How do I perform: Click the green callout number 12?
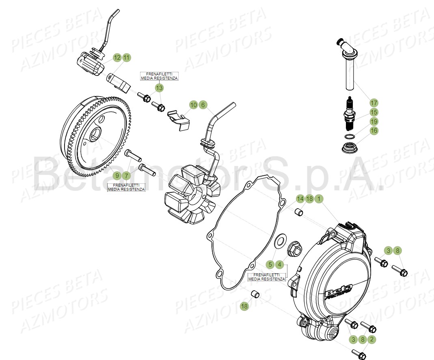coord(117,58)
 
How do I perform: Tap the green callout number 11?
coord(126,58)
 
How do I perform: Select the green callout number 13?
coord(159,88)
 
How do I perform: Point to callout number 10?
coord(194,105)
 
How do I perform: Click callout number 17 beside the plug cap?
coord(374,103)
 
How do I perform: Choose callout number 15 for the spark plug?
coord(374,112)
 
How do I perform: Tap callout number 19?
coord(374,121)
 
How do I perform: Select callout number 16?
coord(374,131)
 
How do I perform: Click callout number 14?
coord(300,199)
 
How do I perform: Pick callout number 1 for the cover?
coord(319,199)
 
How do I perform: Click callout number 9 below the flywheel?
coord(117,176)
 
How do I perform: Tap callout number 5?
coord(270,265)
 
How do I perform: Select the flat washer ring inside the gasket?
coord(279,242)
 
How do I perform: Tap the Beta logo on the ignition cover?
coord(338,292)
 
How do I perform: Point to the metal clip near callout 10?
coord(180,121)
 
